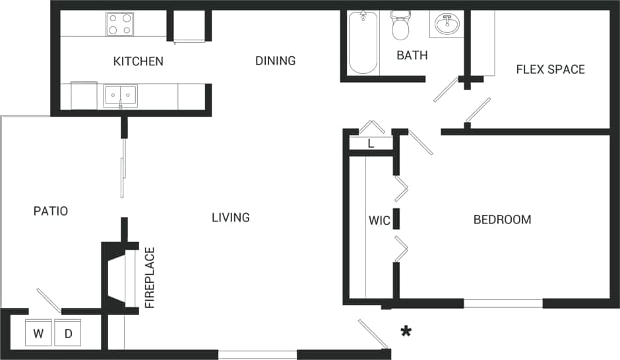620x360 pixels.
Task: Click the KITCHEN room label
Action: coord(138,61)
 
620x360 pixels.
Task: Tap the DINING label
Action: coord(275,61)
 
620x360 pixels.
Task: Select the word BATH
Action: coord(412,55)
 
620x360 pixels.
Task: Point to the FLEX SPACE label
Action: coord(550,69)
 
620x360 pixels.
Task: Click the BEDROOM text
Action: coord(502,220)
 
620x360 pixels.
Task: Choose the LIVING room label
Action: coord(230,217)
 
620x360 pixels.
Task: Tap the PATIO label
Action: coord(51,211)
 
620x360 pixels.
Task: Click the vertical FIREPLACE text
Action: coord(150,278)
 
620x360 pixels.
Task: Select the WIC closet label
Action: coord(379,220)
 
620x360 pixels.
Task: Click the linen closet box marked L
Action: coord(371,143)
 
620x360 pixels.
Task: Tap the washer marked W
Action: coord(38,334)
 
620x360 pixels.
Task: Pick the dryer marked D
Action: coord(68,334)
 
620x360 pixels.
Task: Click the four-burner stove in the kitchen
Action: coord(120,24)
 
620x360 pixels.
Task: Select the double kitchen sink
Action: coord(120,96)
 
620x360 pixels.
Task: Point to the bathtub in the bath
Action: coord(362,42)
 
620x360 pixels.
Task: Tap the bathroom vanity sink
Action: coord(448,25)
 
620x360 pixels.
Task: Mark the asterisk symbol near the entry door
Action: coord(406,331)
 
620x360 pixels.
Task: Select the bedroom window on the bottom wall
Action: coord(503,303)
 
